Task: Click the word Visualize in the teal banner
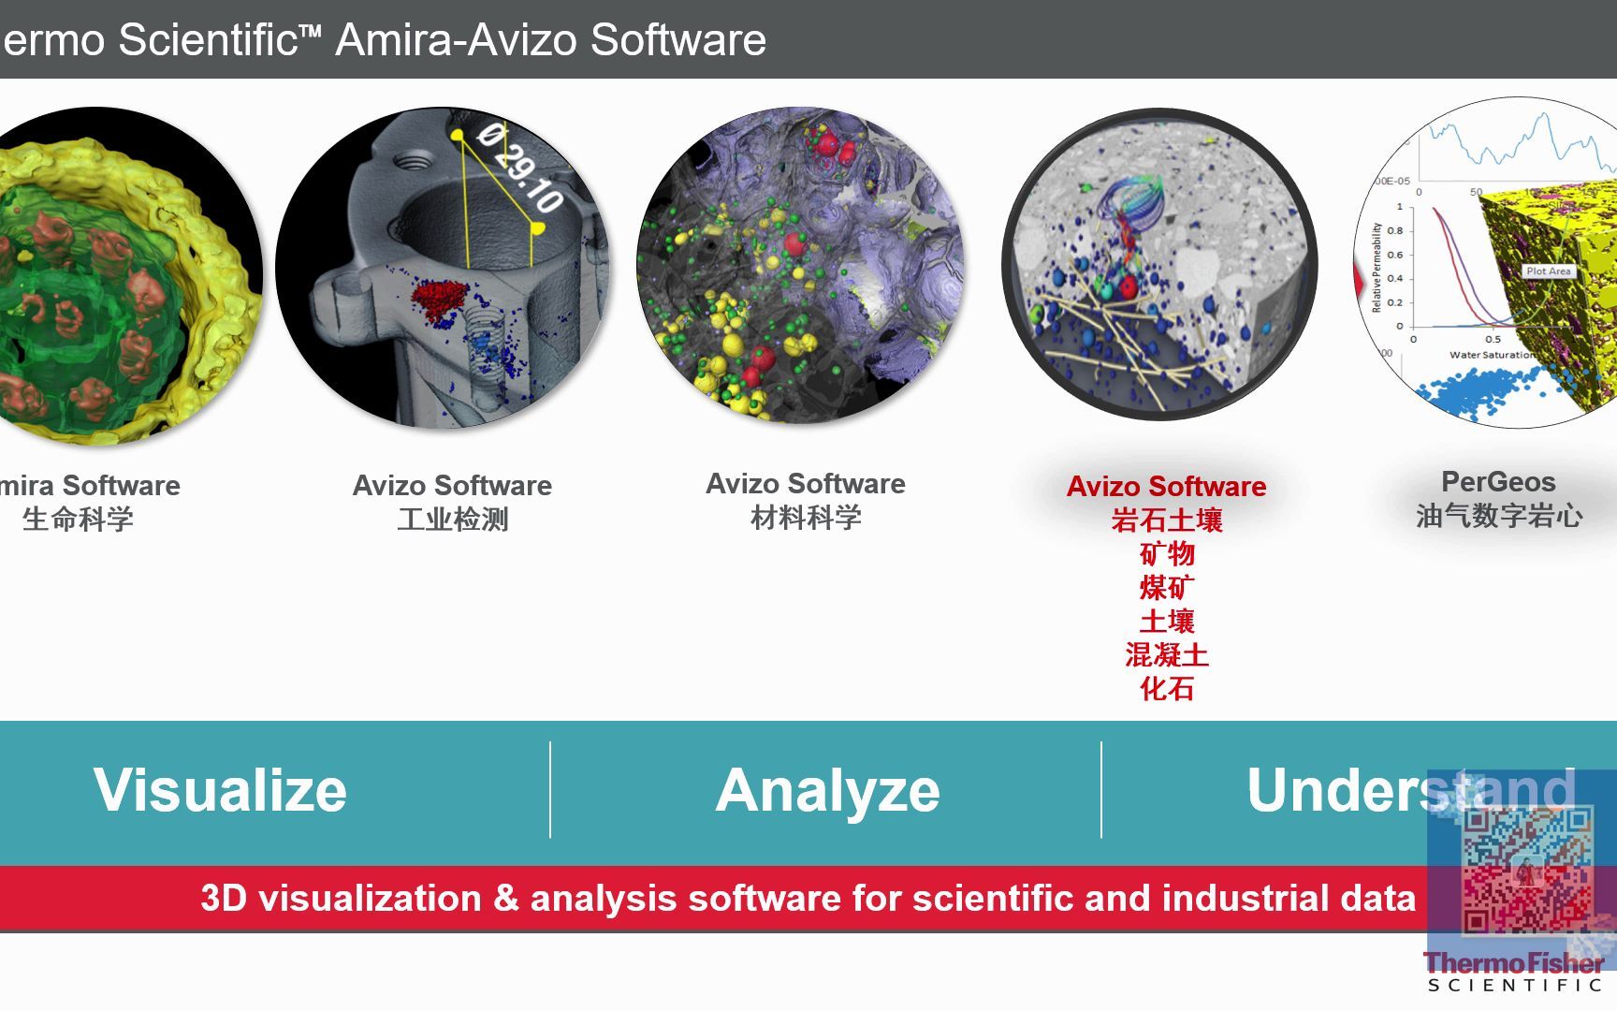click(x=220, y=790)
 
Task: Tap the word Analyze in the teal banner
click(x=827, y=791)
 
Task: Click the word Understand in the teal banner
click(x=1410, y=790)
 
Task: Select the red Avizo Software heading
click(x=1166, y=487)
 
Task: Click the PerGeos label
click(x=1498, y=482)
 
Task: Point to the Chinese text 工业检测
click(x=453, y=519)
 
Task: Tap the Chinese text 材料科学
click(x=806, y=517)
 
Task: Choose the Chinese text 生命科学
click(x=78, y=519)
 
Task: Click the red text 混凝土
click(x=1167, y=655)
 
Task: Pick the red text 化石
click(x=1167, y=689)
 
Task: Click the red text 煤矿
click(x=1167, y=588)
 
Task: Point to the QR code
click(x=1527, y=871)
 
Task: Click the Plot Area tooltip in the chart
click(x=1549, y=271)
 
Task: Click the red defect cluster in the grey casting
click(x=439, y=298)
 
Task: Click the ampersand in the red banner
click(x=505, y=899)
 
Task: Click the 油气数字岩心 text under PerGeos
click(x=1499, y=516)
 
